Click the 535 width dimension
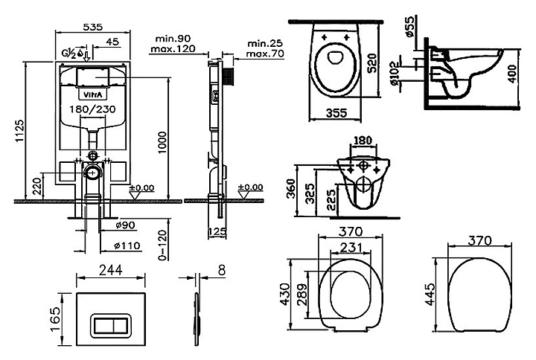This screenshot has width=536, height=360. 92,26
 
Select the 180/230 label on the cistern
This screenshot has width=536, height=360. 93,109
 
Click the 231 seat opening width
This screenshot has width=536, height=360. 351,248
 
